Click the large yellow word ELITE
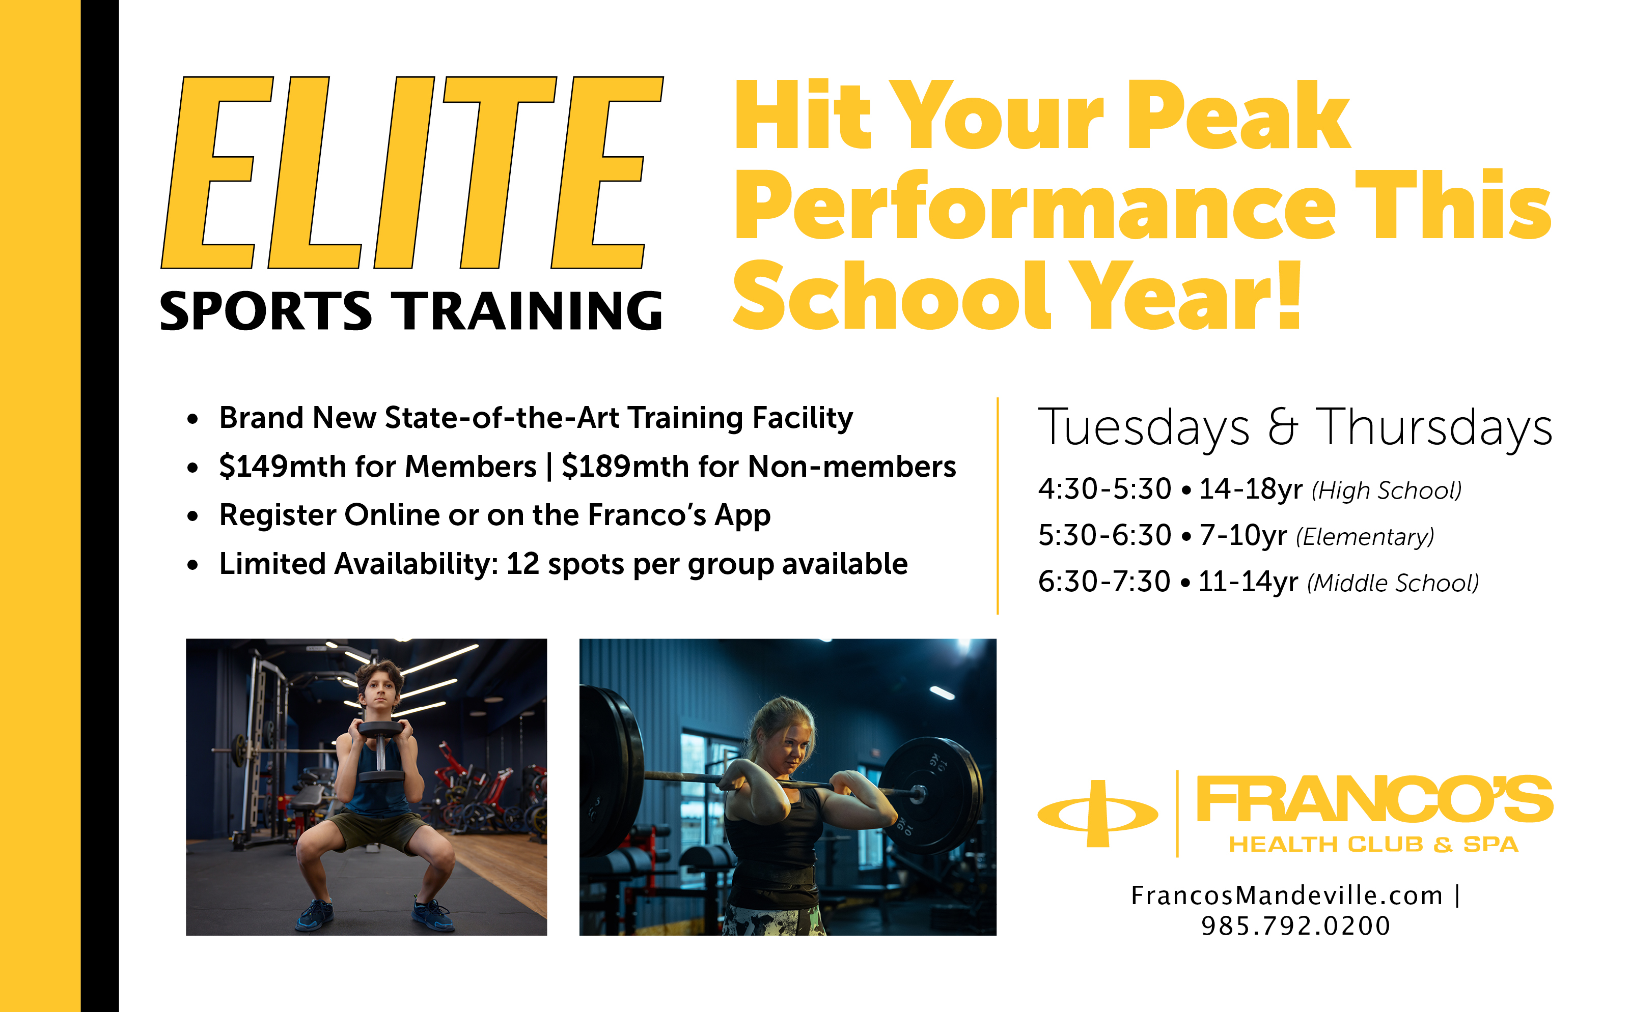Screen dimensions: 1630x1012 pyautogui.click(x=412, y=172)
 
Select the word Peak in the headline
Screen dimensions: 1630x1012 pyautogui.click(x=1239, y=115)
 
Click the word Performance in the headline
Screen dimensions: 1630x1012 pyautogui.click(x=1035, y=206)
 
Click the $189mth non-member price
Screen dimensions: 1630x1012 pyautogui.click(x=625, y=466)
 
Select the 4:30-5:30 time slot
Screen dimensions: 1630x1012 pyautogui.click(x=1104, y=489)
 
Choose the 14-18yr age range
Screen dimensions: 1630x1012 pyautogui.click(x=1250, y=489)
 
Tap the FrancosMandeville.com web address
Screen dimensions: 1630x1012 pyautogui.click(x=1286, y=895)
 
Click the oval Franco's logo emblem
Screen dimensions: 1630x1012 pyautogui.click(x=1097, y=813)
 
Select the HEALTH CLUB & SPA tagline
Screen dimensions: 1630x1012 pyautogui.click(x=1373, y=845)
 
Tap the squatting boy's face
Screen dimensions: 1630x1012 pyautogui.click(x=380, y=696)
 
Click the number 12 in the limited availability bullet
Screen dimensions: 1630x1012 pyautogui.click(x=522, y=564)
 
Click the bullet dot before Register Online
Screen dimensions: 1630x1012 pyautogui.click(x=193, y=516)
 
